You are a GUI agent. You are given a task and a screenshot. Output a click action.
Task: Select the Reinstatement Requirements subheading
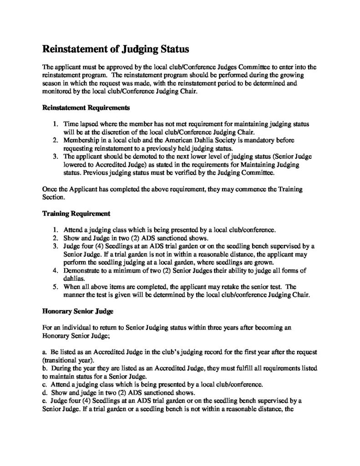(x=86, y=108)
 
